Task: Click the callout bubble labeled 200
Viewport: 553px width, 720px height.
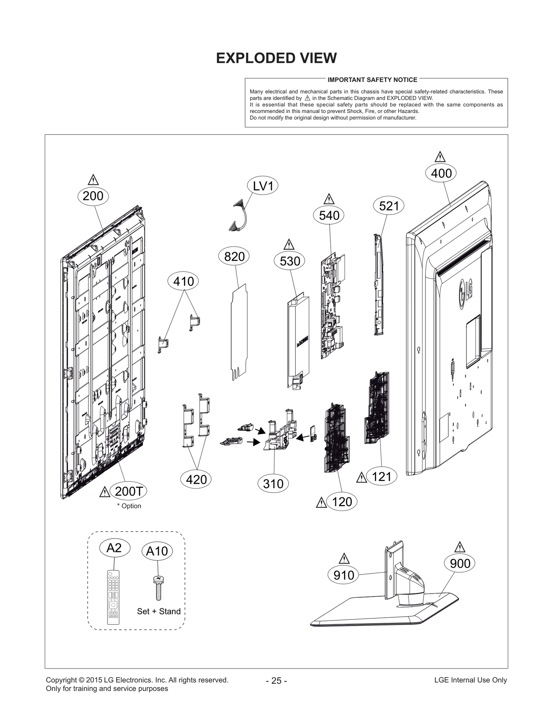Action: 93,196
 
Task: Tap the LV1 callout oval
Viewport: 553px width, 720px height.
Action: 263,186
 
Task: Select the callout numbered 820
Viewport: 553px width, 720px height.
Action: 234,257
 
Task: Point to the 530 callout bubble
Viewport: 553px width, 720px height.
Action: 290,261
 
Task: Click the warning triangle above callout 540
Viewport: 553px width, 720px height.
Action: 329,199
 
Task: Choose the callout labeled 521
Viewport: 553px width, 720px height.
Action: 389,206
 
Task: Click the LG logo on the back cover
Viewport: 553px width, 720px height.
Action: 466,293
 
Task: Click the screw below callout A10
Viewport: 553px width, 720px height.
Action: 158,588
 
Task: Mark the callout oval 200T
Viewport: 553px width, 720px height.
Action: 128,491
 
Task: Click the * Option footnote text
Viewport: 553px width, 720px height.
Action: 129,506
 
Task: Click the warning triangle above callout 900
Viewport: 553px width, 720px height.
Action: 460,548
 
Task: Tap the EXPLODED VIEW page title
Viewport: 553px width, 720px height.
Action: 276,58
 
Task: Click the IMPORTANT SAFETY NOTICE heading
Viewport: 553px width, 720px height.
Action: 372,80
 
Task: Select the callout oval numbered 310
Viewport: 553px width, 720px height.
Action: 273,484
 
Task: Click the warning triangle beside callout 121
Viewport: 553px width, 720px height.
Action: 361,478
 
